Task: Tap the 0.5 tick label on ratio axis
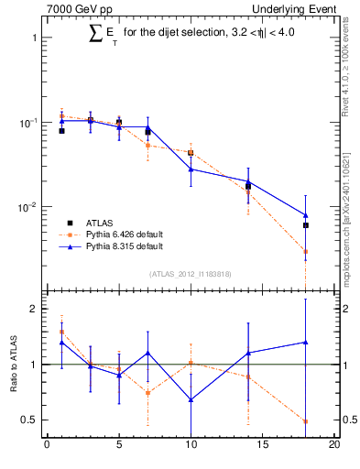click(x=28, y=420)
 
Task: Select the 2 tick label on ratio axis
click(x=33, y=309)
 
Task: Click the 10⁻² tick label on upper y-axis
click(x=27, y=208)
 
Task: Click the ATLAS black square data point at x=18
click(x=306, y=225)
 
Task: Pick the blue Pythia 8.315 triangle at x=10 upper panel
click(x=191, y=169)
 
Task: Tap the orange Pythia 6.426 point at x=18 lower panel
click(x=306, y=421)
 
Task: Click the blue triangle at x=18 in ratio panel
click(x=306, y=343)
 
